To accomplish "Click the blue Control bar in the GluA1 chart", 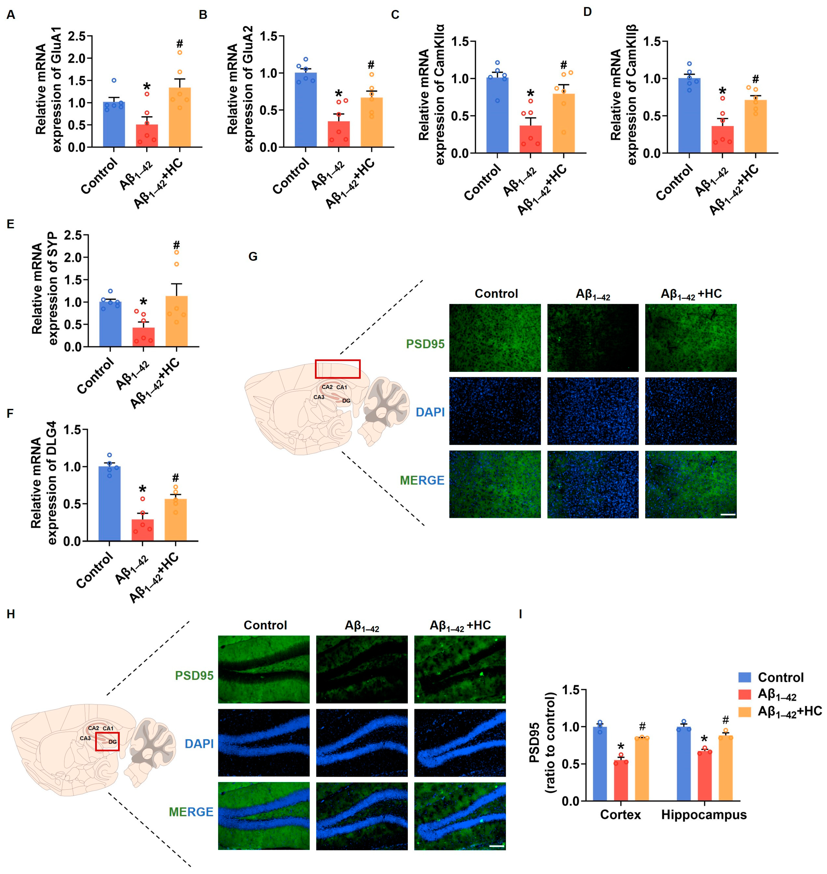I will tap(114, 124).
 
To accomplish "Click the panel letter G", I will tap(253, 257).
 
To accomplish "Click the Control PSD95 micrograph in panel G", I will tap(495, 338).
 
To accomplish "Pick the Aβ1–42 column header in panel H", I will tap(362, 626).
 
